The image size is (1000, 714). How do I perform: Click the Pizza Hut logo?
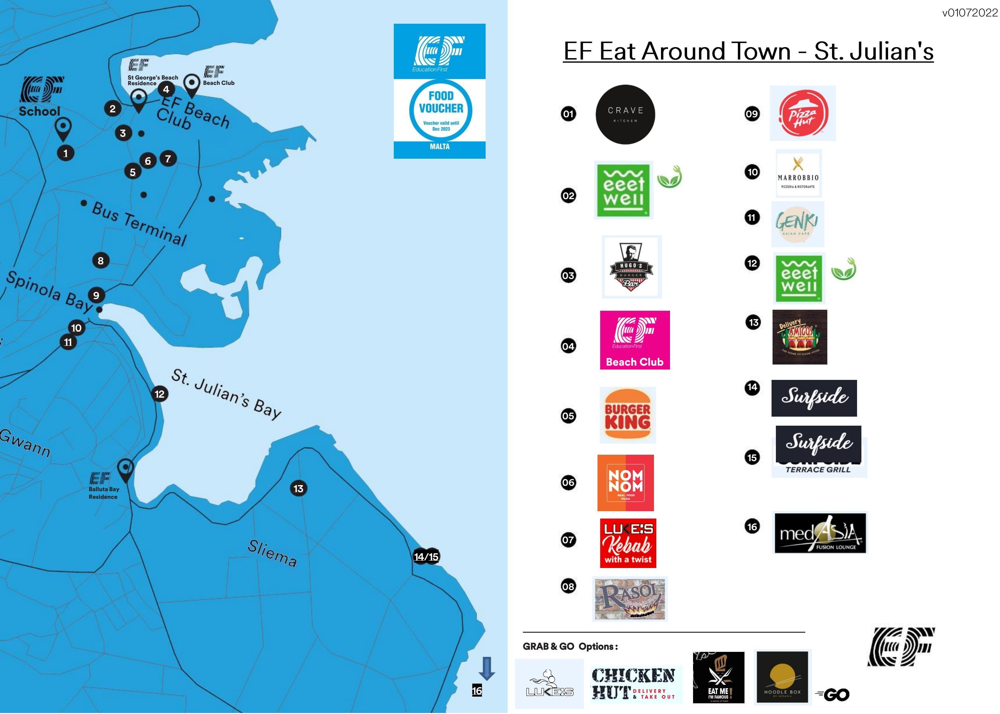pyautogui.click(x=803, y=113)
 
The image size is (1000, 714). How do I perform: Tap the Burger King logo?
pyautogui.click(x=627, y=415)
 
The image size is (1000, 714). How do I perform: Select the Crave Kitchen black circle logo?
pyautogui.click(x=625, y=114)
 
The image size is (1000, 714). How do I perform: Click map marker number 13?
pyautogui.click(x=299, y=488)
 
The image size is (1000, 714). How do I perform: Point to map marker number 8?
pyautogui.click(x=101, y=261)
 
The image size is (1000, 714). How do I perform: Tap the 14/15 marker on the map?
pyautogui.click(x=427, y=557)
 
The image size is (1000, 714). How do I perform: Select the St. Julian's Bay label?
pyautogui.click(x=226, y=394)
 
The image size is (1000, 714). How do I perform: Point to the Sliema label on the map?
pyautogui.click(x=272, y=553)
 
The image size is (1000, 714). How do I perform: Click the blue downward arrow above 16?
pyautogui.click(x=486, y=668)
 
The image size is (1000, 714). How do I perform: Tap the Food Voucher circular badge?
pyautogui.click(x=441, y=110)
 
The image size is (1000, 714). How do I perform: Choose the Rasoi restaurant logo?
pyautogui.click(x=630, y=599)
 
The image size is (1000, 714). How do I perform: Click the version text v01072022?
pyautogui.click(x=970, y=13)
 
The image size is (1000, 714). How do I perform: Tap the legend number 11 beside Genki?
pyautogui.click(x=752, y=218)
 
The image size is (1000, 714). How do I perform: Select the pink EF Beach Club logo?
pyautogui.click(x=635, y=340)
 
